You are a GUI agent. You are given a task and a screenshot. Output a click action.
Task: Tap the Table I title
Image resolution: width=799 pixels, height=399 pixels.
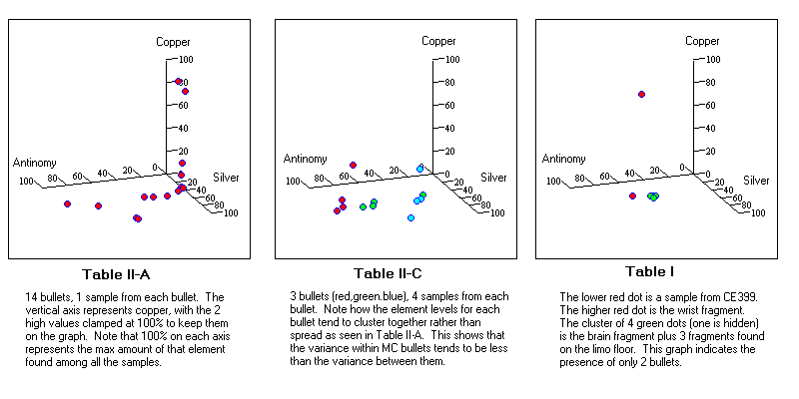(650, 271)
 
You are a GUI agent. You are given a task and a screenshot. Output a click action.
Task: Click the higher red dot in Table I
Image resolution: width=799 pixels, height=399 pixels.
(641, 95)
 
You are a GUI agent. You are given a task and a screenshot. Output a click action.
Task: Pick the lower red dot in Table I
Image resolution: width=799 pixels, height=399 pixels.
(633, 196)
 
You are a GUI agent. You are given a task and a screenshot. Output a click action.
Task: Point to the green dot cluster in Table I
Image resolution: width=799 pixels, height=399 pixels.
(653, 197)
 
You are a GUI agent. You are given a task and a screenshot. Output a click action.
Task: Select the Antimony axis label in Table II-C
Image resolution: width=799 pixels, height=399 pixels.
(304, 159)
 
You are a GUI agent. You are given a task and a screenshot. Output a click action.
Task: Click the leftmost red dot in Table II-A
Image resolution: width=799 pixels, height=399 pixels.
(68, 203)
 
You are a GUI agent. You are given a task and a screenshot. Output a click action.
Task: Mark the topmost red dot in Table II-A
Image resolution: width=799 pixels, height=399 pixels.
(179, 82)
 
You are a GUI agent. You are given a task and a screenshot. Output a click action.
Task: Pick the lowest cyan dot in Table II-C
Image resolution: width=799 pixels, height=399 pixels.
(410, 217)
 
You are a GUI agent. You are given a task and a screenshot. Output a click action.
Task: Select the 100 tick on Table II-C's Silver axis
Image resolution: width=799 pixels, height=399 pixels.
(494, 212)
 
